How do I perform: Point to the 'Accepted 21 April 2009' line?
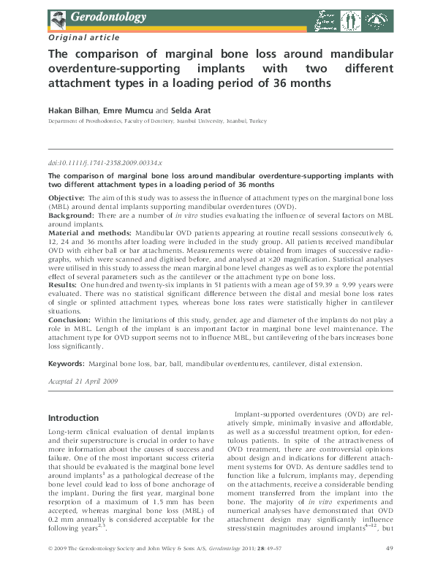tap(81, 380)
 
